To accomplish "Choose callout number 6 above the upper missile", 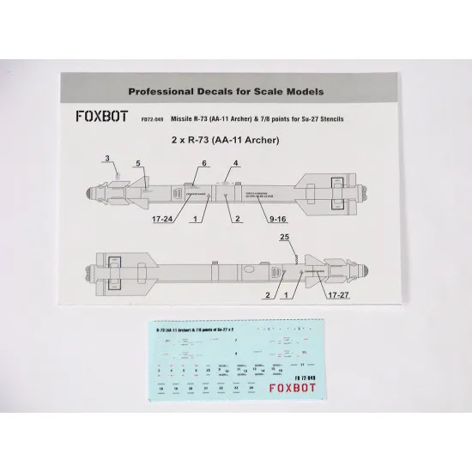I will [204, 162].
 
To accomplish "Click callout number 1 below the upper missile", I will [199, 219].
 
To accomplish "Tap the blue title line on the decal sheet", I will [201, 330].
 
